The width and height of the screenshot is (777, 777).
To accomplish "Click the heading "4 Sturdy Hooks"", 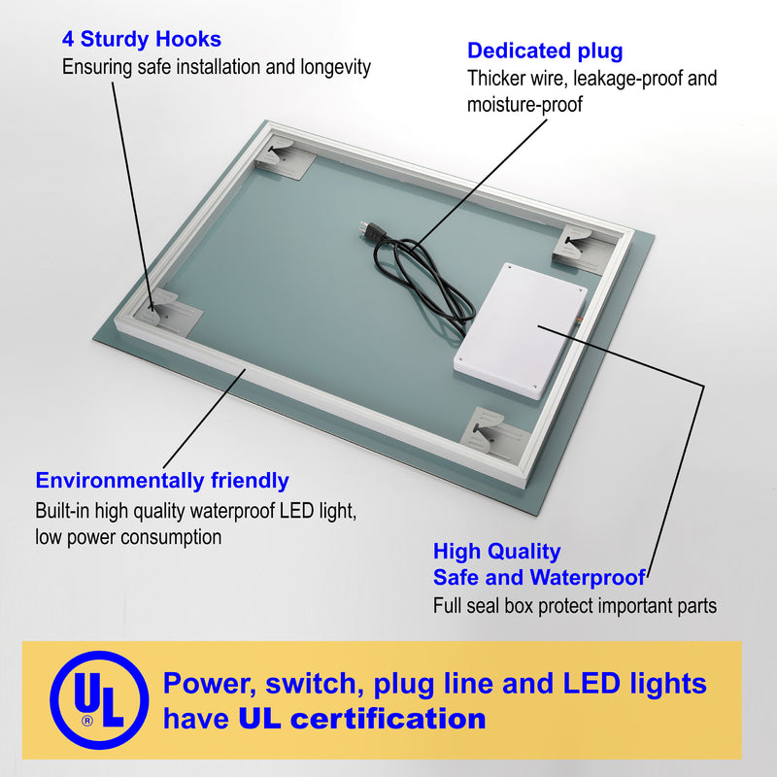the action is point(141,39).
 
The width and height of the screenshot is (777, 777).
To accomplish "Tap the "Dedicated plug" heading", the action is point(545,51).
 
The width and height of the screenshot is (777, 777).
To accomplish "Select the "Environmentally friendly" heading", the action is point(162,481).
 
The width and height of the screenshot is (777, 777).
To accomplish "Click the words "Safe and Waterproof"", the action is point(539,577).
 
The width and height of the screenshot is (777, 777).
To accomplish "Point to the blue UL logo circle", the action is point(99,699).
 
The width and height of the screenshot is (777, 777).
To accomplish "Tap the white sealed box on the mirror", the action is point(521,330).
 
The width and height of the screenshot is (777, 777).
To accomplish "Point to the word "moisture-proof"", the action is point(524,105).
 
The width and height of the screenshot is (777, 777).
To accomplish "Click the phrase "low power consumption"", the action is point(128,537).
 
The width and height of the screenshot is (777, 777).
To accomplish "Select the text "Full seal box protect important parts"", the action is point(575,606).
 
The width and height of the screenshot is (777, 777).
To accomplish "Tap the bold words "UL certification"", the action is point(362,719).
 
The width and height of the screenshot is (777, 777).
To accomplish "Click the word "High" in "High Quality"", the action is point(455,551).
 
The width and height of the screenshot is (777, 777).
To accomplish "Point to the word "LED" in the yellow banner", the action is point(591,683).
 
